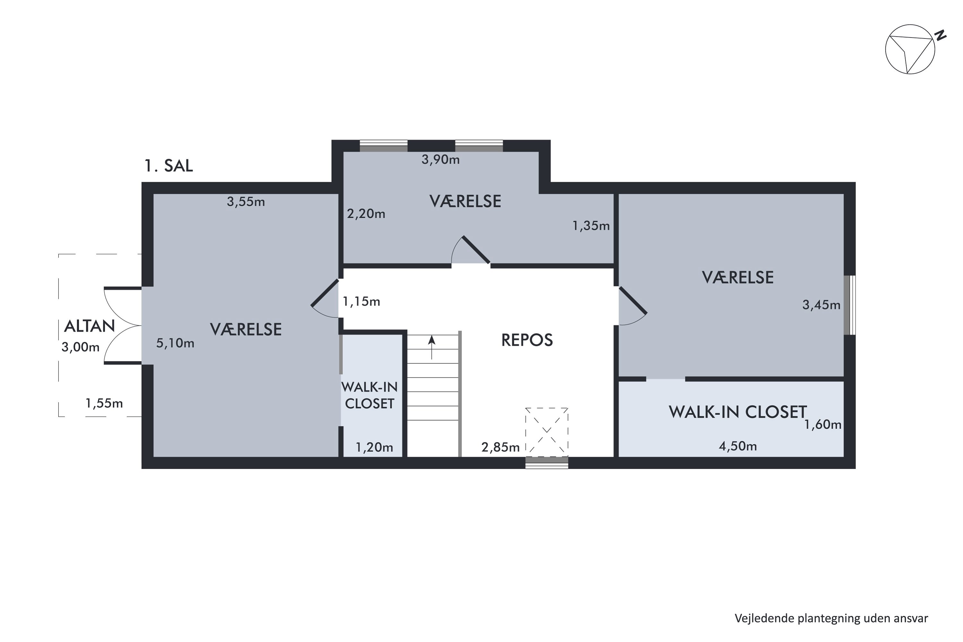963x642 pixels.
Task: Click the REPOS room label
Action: (x=527, y=340)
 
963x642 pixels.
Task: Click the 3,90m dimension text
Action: (x=440, y=159)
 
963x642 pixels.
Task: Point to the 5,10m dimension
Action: (x=175, y=343)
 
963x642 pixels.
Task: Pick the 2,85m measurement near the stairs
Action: (x=500, y=447)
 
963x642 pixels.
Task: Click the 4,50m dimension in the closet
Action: (x=738, y=446)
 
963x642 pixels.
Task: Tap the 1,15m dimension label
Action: (x=361, y=302)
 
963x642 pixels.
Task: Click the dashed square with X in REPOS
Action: (x=547, y=432)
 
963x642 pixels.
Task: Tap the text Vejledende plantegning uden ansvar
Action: (x=831, y=618)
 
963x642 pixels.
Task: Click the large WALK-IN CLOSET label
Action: (x=738, y=412)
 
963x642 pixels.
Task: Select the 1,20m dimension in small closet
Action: (x=374, y=447)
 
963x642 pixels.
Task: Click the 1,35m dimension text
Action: (x=591, y=226)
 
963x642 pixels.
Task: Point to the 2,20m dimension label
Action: (x=366, y=214)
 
